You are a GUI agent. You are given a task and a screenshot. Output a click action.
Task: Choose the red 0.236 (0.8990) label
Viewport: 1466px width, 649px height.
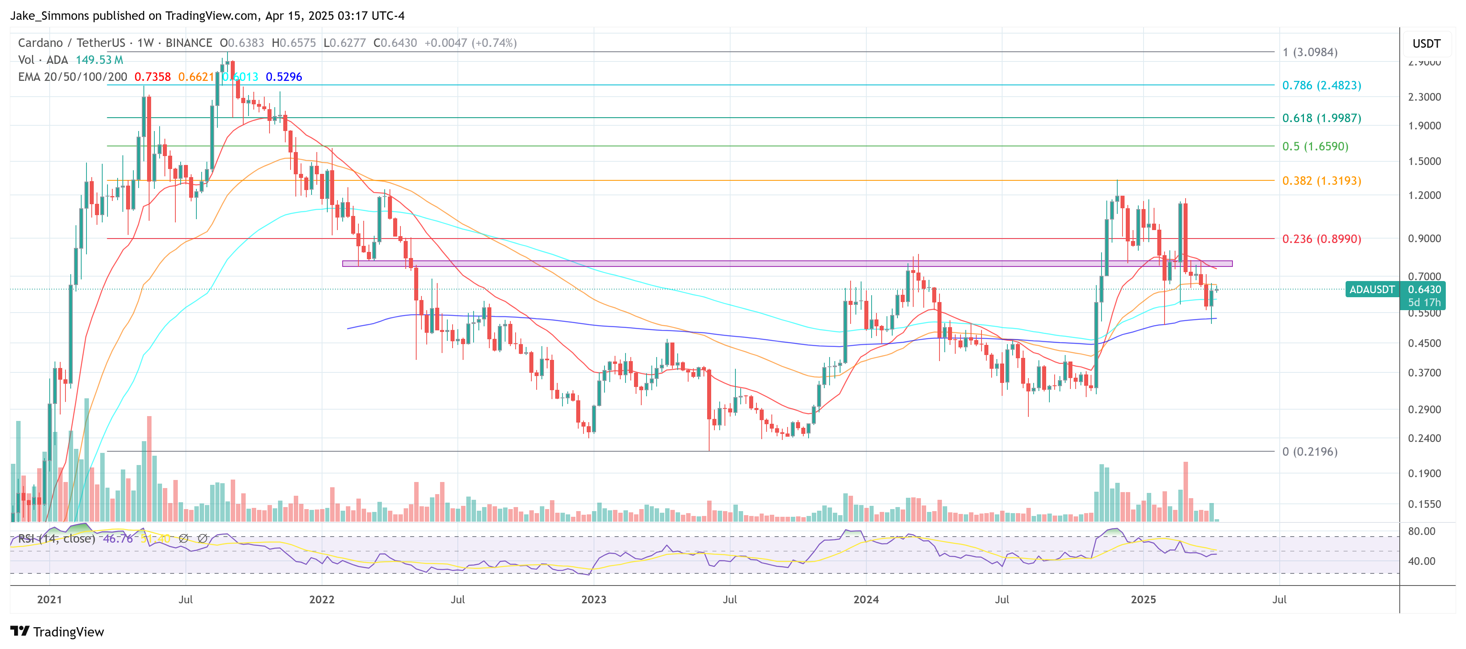click(x=1321, y=239)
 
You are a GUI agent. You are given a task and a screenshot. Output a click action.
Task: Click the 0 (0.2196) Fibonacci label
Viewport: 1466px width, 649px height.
click(x=1310, y=451)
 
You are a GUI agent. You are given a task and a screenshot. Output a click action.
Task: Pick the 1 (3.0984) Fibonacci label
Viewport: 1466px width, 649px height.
click(x=1310, y=53)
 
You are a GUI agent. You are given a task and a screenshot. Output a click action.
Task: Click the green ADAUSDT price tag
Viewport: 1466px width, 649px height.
click(x=1371, y=289)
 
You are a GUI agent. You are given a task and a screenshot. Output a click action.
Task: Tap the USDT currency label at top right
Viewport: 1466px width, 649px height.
click(x=1426, y=44)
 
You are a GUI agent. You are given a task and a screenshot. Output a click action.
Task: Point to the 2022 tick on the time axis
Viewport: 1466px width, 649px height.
click(x=322, y=600)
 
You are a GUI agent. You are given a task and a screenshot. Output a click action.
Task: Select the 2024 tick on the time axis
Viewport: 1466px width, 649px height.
click(x=866, y=600)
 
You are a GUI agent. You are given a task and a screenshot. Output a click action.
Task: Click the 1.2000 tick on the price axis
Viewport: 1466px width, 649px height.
click(x=1424, y=195)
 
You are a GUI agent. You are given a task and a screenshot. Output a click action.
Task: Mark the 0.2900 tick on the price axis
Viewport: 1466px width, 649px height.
click(x=1424, y=409)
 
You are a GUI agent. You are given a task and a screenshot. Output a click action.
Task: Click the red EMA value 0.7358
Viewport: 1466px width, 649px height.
click(x=152, y=77)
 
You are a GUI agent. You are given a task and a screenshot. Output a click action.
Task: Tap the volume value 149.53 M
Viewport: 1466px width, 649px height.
click(x=99, y=60)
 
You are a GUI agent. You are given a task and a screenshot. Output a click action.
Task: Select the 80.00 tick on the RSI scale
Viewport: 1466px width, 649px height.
click(x=1421, y=531)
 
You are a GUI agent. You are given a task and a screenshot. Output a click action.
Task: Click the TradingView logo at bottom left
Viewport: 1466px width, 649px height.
click(x=57, y=632)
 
